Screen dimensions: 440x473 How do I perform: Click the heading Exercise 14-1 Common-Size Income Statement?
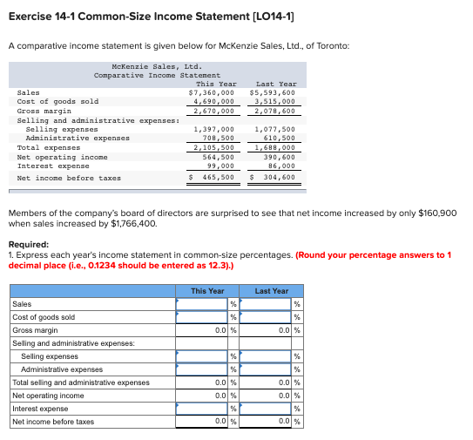[126, 17]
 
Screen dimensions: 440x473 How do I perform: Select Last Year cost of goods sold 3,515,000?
[274, 101]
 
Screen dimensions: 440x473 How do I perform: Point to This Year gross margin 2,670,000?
[213, 111]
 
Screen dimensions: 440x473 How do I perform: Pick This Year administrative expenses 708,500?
[216, 138]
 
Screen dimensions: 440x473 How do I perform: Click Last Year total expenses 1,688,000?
[274, 147]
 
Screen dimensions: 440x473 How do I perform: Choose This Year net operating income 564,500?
[216, 157]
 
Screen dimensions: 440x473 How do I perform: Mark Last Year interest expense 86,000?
[280, 166]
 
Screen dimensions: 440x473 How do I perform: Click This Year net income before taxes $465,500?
[214, 178]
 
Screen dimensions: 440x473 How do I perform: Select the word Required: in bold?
[27, 245]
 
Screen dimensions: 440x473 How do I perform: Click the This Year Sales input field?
[201, 304]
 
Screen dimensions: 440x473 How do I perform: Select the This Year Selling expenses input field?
[201, 355]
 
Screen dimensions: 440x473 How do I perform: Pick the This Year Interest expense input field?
[201, 408]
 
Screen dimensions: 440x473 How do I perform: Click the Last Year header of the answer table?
[272, 291]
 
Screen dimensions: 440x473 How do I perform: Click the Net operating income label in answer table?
[48, 396]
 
